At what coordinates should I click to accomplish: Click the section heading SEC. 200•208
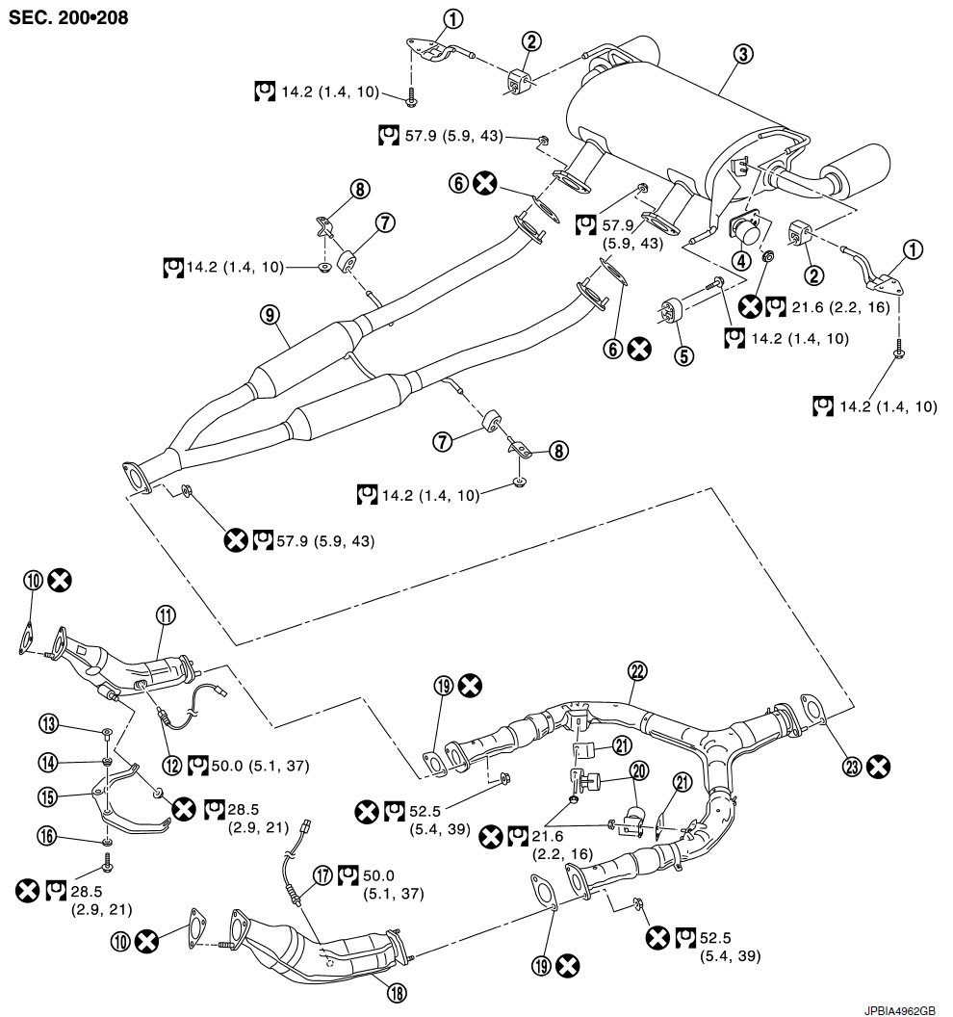(68, 17)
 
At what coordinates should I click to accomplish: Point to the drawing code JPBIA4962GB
(899, 1010)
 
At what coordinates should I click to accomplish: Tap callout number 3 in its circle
(743, 54)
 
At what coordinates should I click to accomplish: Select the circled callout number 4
(741, 261)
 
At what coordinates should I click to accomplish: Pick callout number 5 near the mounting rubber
(684, 355)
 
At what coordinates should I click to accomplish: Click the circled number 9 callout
(270, 315)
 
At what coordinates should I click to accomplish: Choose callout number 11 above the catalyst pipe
(166, 614)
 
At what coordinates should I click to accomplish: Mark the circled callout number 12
(171, 766)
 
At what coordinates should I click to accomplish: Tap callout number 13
(49, 724)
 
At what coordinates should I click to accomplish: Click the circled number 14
(49, 762)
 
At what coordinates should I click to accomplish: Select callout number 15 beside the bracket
(49, 796)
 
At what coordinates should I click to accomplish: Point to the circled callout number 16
(47, 836)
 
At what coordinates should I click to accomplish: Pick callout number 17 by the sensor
(322, 875)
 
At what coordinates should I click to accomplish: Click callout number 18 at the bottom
(397, 992)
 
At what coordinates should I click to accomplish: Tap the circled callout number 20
(639, 771)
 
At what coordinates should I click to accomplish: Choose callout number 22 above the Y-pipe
(638, 671)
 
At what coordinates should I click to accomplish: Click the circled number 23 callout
(852, 767)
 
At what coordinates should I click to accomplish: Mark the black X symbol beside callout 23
(879, 767)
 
